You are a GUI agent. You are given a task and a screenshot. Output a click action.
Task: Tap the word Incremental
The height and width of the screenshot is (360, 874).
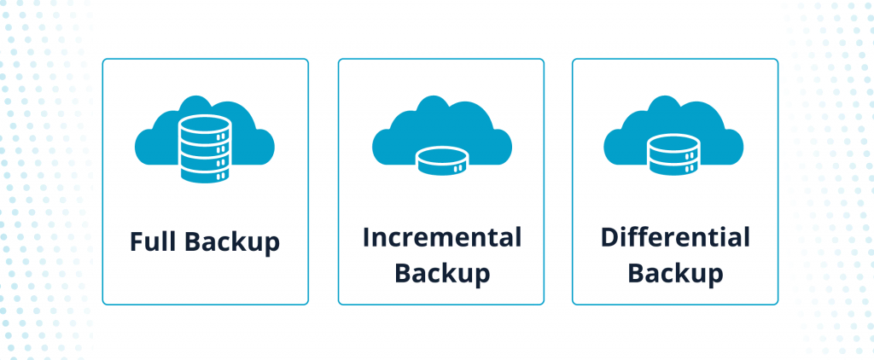point(441,237)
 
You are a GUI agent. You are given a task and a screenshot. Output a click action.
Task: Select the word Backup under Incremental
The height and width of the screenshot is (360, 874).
point(441,273)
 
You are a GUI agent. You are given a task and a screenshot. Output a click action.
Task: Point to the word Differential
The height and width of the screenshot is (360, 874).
point(675,237)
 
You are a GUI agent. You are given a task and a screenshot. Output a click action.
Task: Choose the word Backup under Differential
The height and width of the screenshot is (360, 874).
point(675,273)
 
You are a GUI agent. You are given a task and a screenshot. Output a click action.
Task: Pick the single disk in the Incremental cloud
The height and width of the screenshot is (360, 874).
point(441,160)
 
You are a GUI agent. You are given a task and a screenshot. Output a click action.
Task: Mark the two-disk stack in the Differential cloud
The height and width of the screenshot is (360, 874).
point(674,154)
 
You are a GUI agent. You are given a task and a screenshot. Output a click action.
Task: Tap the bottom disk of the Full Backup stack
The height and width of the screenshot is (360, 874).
point(205,171)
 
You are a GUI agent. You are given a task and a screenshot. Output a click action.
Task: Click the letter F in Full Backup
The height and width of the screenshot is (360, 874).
point(136,241)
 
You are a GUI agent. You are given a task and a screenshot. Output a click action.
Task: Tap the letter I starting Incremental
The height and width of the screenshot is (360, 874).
point(366,237)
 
